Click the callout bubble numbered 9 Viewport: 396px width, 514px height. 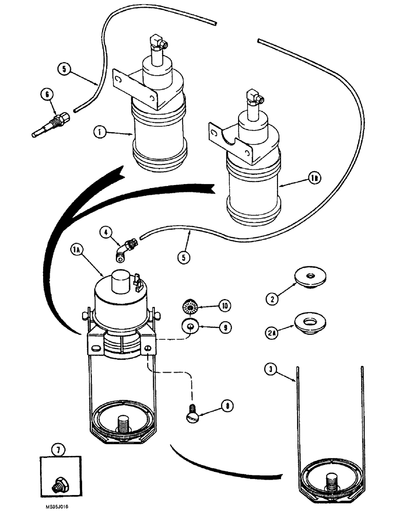(x=223, y=326)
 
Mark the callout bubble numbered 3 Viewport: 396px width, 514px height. (x=270, y=369)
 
